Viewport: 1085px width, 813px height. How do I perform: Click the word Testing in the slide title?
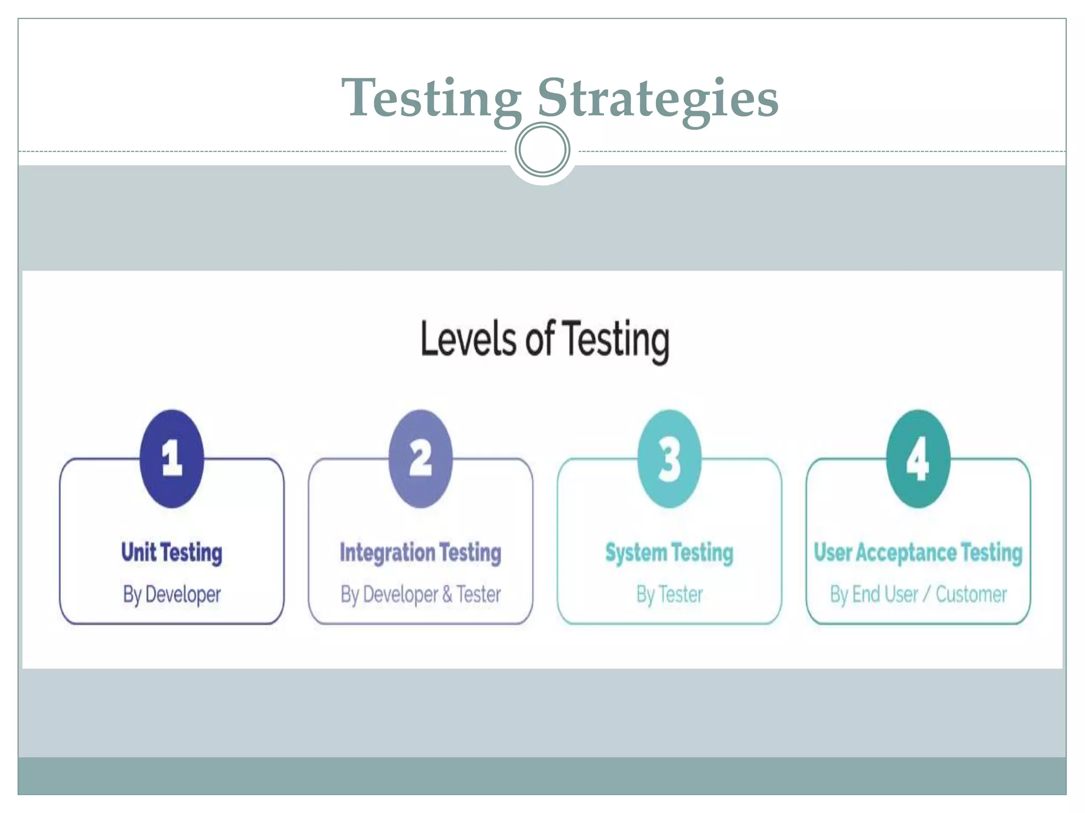coord(432,99)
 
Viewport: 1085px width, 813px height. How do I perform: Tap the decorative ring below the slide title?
coord(542,149)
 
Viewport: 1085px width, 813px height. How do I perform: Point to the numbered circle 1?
coord(172,458)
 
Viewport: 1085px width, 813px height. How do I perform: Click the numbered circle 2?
coord(421,458)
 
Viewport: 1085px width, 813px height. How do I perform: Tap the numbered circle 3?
coord(669,458)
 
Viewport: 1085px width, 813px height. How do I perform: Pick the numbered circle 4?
coord(918,458)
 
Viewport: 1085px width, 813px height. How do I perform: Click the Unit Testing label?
coord(172,553)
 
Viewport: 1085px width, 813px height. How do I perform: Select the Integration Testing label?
coord(421,553)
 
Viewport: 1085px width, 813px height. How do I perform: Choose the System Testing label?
coord(669,553)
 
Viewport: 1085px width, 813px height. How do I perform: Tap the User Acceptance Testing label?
coord(918,553)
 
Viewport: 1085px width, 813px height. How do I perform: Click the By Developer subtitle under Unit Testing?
coord(172,594)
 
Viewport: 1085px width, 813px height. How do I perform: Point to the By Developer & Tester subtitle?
coord(421,594)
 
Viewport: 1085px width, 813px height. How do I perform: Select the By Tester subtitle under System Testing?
coord(669,594)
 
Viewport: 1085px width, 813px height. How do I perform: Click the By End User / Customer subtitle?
coord(918,594)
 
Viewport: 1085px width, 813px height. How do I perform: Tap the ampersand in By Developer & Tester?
coord(447,594)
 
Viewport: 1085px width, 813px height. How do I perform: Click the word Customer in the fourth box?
coord(971,594)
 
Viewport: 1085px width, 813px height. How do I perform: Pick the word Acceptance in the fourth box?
coord(906,553)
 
